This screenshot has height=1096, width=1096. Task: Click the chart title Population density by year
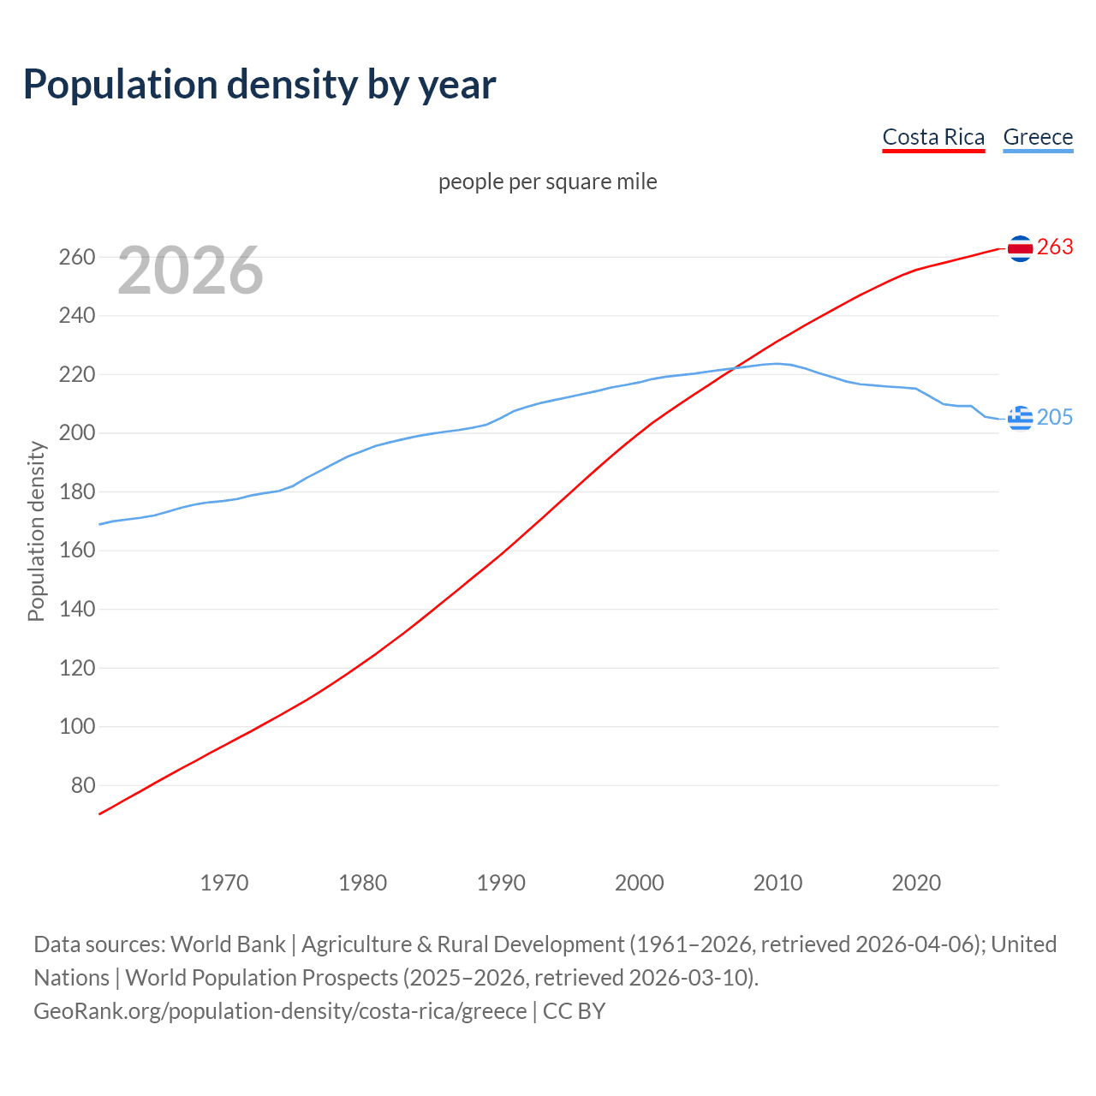[x=259, y=85]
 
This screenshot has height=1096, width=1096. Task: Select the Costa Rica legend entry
[x=933, y=137]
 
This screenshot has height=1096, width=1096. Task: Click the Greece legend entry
[x=1038, y=137]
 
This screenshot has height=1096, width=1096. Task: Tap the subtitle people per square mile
[x=548, y=182]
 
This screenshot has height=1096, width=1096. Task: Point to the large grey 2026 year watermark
[x=190, y=271]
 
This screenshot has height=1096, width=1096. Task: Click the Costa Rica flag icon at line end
[x=1020, y=248]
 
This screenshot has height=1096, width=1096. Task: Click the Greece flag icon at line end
[x=1020, y=418]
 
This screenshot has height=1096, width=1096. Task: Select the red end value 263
[x=1055, y=247]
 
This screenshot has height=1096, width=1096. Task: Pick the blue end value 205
[x=1055, y=417]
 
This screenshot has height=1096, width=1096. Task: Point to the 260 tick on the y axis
[x=77, y=257]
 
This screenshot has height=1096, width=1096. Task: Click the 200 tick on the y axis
[x=77, y=433]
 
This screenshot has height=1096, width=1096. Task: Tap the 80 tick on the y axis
[x=83, y=785]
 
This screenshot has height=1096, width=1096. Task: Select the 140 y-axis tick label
[x=77, y=610]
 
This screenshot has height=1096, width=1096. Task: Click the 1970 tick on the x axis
[x=224, y=882]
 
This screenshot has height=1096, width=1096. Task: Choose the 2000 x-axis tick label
[x=640, y=882]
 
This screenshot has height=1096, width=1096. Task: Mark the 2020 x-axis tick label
[x=916, y=882]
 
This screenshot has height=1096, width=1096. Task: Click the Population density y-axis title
[x=36, y=531]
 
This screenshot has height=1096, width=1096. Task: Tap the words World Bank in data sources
[x=228, y=944]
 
